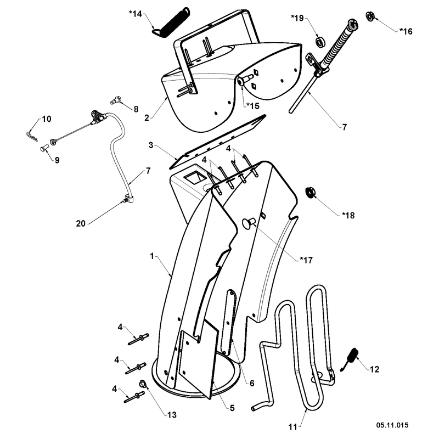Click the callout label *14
136,13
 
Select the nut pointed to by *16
370,16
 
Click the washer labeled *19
319,42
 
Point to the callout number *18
348,215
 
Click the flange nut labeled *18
309,192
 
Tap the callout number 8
136,109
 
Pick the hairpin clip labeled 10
32,136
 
